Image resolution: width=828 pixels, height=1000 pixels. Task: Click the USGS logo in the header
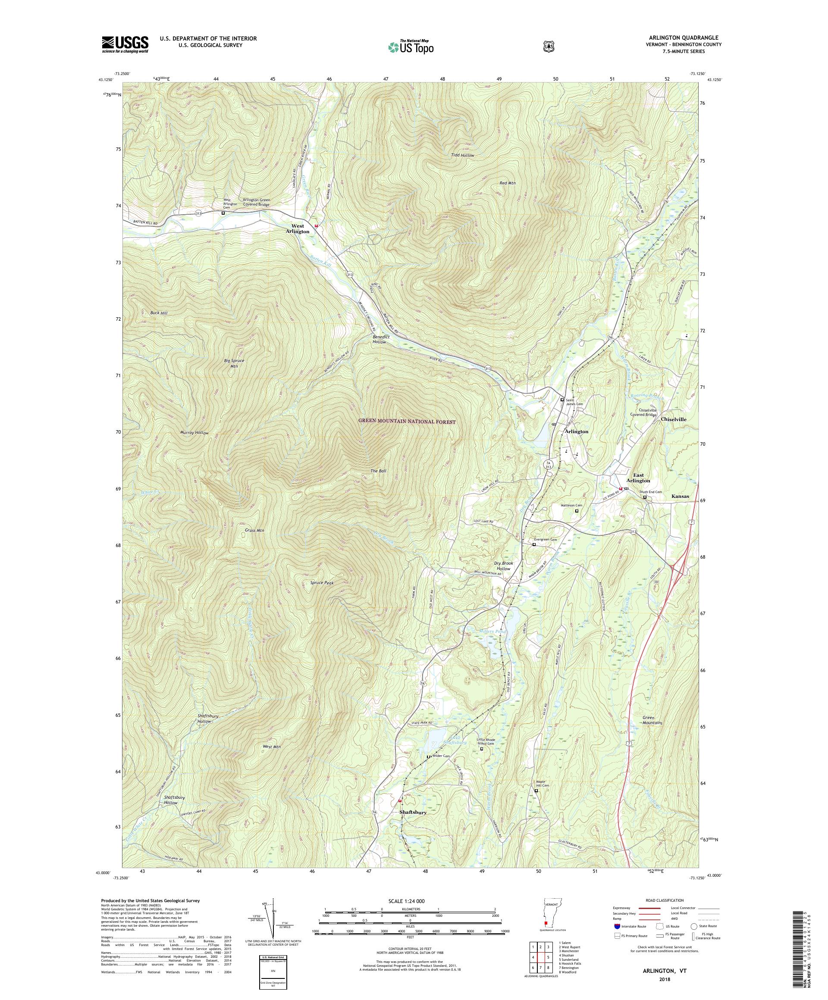click(x=125, y=45)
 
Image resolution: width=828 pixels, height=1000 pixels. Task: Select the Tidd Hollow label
click(x=462, y=155)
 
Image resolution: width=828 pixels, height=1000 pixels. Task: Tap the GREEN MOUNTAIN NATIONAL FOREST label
click(x=407, y=422)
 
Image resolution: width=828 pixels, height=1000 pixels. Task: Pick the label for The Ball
click(x=379, y=471)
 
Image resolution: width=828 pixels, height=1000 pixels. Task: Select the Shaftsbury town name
click(x=413, y=826)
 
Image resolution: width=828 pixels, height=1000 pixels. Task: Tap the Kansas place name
click(x=680, y=496)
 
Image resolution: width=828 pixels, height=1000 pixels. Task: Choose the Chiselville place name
click(x=674, y=419)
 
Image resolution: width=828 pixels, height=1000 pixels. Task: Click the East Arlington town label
click(x=638, y=478)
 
